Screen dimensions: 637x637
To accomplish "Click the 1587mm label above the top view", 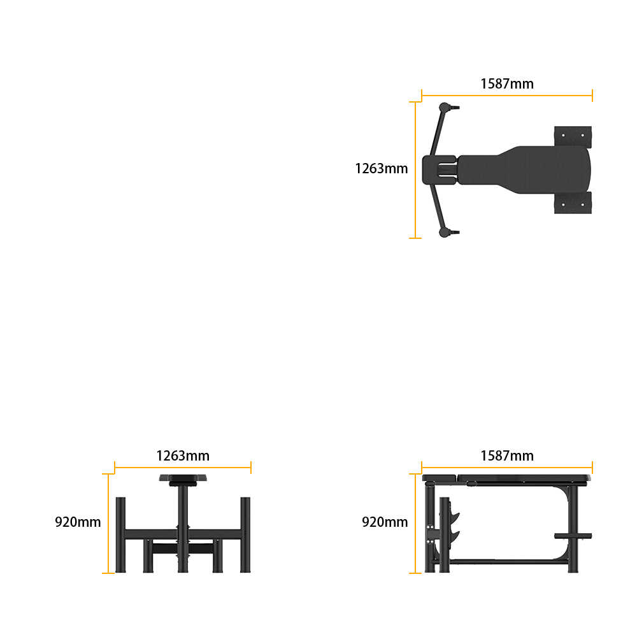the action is pos(507,83).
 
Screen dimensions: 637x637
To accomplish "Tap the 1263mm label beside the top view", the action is pos(382,169).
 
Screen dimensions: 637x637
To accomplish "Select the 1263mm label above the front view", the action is pos(183,456).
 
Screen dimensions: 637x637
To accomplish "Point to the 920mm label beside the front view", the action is pos(78,522).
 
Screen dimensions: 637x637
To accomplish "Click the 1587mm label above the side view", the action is pos(507,456).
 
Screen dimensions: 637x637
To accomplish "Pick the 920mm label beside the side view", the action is pos(385,522).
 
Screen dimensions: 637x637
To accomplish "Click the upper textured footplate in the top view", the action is pos(573,137).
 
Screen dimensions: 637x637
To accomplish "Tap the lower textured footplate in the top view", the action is pos(573,203).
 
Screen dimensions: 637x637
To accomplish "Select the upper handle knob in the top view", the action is pos(445,108).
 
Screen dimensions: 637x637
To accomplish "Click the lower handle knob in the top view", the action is pos(445,233).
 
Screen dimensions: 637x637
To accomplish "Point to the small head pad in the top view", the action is pos(439,170).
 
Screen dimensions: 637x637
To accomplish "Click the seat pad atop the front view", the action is pos(183,478).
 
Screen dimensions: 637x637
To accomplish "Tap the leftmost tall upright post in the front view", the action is pos(120,534).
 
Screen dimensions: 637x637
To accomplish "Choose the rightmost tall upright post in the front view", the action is pos(245,534).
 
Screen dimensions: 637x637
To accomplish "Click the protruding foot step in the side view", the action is pos(573,536).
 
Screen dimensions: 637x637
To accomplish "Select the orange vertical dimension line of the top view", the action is pos(415,170).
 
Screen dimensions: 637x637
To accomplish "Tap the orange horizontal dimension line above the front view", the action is pos(183,468).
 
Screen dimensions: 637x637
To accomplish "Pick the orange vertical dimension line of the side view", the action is pos(415,523).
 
